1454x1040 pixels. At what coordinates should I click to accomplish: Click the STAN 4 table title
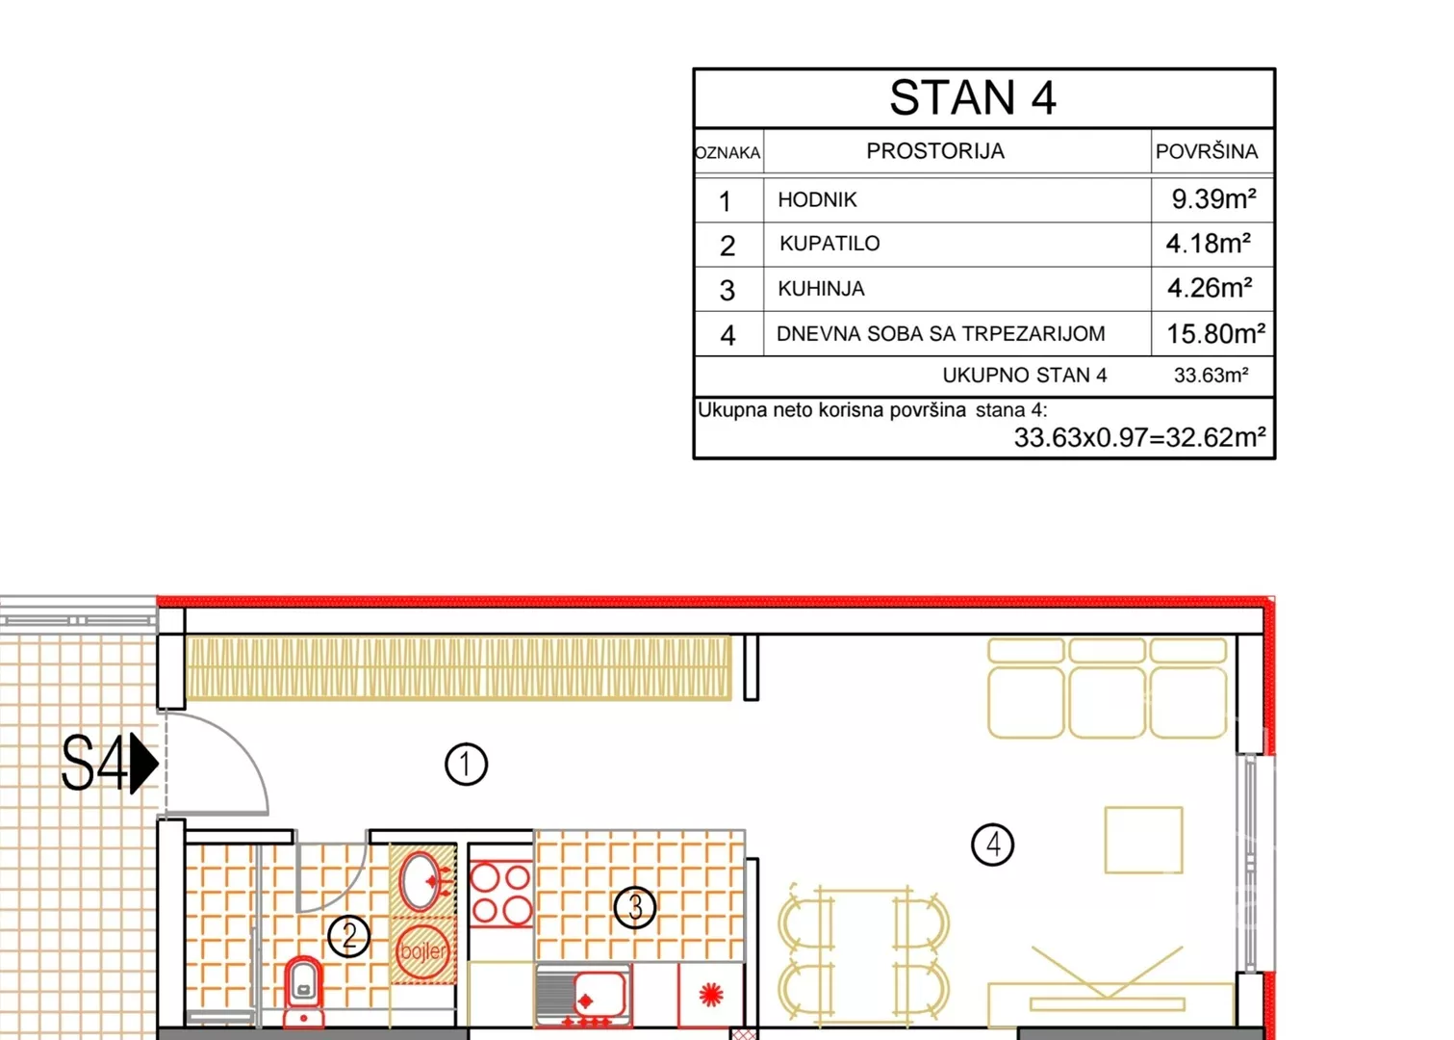click(972, 98)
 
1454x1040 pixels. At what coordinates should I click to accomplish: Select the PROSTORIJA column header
click(935, 151)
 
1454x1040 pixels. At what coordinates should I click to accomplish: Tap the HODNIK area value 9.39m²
click(1213, 198)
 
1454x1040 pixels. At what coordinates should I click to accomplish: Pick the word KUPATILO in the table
click(829, 244)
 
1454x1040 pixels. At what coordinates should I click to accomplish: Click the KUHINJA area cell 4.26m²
click(1210, 288)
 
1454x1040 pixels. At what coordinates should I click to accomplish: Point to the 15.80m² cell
click(1215, 333)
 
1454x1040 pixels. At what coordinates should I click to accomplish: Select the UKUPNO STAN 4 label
click(1024, 376)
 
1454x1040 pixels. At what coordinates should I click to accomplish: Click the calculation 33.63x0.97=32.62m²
click(1140, 437)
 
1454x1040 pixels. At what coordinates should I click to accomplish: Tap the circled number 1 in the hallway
click(466, 764)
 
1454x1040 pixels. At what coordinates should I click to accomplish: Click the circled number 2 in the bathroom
click(349, 936)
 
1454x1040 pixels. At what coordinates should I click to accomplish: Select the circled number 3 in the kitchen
click(635, 907)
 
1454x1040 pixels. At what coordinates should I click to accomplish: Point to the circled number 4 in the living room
click(992, 845)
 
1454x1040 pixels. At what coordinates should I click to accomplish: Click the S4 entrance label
click(94, 764)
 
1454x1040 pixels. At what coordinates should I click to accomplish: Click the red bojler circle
click(423, 951)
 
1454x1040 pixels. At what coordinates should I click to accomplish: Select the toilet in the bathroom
click(304, 991)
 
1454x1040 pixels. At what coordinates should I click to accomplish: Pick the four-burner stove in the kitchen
click(500, 894)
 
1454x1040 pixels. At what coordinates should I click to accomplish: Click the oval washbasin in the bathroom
click(420, 881)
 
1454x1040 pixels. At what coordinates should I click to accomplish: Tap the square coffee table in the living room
click(1144, 840)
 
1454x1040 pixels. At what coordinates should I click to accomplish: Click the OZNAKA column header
click(727, 153)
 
